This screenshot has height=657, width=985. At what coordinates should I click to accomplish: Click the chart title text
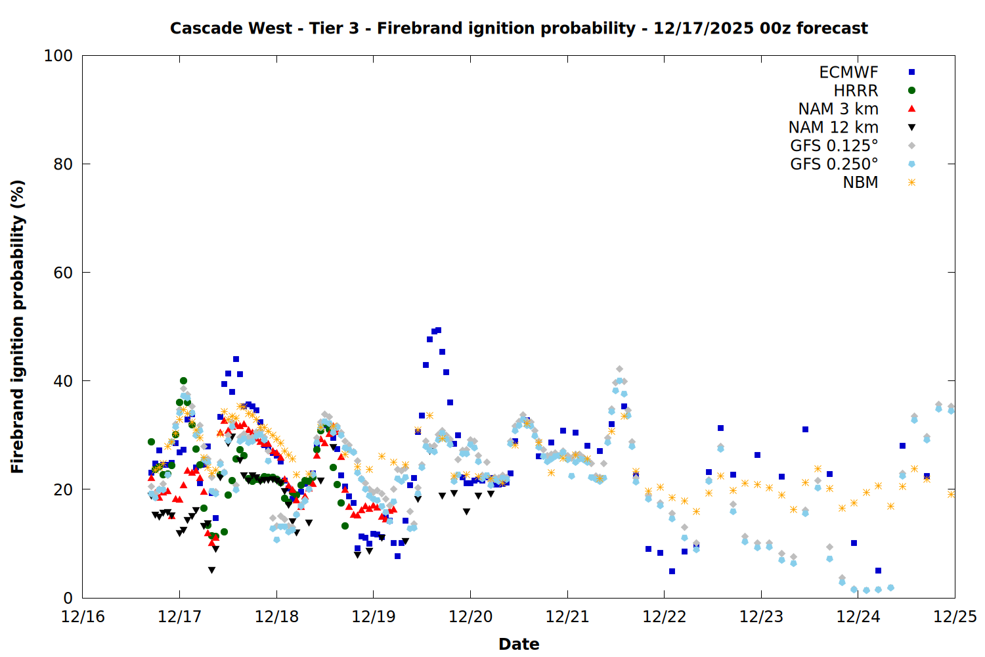(519, 28)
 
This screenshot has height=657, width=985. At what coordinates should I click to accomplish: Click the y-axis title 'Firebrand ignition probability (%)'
(18, 327)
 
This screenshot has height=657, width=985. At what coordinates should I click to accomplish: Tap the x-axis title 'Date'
(519, 644)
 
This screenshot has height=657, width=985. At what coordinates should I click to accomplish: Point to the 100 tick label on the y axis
(58, 56)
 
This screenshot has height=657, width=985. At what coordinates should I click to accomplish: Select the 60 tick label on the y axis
(62, 273)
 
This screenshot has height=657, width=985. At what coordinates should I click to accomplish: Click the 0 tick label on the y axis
(68, 598)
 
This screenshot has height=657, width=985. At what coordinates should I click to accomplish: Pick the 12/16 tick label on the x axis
(83, 617)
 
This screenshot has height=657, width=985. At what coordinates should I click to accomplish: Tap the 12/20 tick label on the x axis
(470, 617)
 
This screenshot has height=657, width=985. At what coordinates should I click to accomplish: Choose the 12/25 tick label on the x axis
(955, 617)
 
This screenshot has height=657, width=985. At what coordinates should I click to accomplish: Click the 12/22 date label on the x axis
(664, 617)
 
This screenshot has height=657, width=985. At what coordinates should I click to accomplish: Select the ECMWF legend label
(848, 72)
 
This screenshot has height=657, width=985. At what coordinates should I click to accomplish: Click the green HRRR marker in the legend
(911, 91)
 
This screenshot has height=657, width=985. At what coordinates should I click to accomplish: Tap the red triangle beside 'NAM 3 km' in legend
(911, 109)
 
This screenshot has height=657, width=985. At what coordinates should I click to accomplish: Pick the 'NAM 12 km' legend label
(833, 127)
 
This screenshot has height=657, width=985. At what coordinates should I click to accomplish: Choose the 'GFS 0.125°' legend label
(834, 146)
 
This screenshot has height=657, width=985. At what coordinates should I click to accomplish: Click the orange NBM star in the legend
(911, 183)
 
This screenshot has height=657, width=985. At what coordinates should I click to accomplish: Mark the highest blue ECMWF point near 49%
(438, 330)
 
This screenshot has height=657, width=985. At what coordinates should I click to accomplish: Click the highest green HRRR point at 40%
(183, 381)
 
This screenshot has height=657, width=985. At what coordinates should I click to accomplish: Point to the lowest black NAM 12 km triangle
(211, 570)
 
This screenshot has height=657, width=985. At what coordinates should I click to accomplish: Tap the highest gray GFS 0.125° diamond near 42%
(619, 369)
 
